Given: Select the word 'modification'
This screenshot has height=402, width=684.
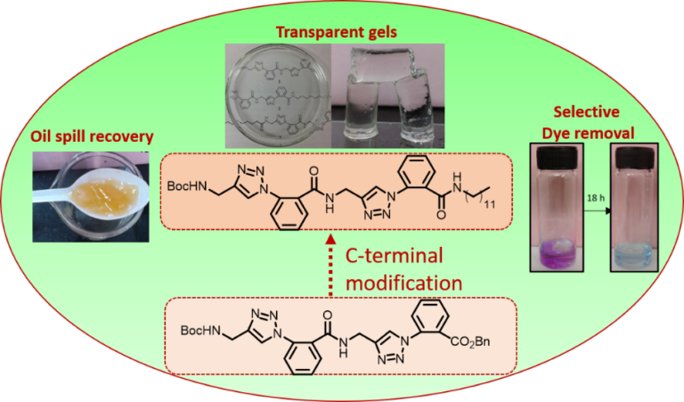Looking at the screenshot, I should pos(405,283).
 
